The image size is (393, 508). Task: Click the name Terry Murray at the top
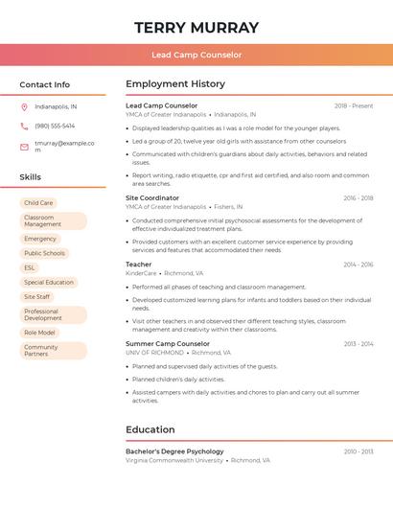click(x=196, y=27)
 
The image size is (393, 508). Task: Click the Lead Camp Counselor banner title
click(x=196, y=56)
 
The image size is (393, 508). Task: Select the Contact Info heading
click(x=45, y=84)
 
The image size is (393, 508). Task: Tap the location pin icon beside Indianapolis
click(x=24, y=107)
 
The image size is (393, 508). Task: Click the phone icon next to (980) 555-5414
click(x=24, y=126)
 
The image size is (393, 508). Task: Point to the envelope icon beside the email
click(x=24, y=147)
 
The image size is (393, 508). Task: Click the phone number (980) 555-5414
click(x=55, y=126)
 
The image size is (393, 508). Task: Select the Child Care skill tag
click(x=39, y=203)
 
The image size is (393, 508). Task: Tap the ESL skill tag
click(x=30, y=267)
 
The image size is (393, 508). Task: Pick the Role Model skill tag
click(x=40, y=333)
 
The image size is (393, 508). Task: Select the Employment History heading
click(x=175, y=84)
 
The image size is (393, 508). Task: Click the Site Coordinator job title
click(x=152, y=197)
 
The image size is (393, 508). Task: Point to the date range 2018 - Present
click(x=354, y=105)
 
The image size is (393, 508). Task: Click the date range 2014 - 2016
click(x=358, y=265)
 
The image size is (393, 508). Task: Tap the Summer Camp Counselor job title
click(x=168, y=343)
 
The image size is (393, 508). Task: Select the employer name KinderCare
click(x=141, y=273)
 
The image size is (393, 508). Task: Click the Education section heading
click(x=150, y=429)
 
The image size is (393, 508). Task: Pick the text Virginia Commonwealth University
click(x=173, y=460)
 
